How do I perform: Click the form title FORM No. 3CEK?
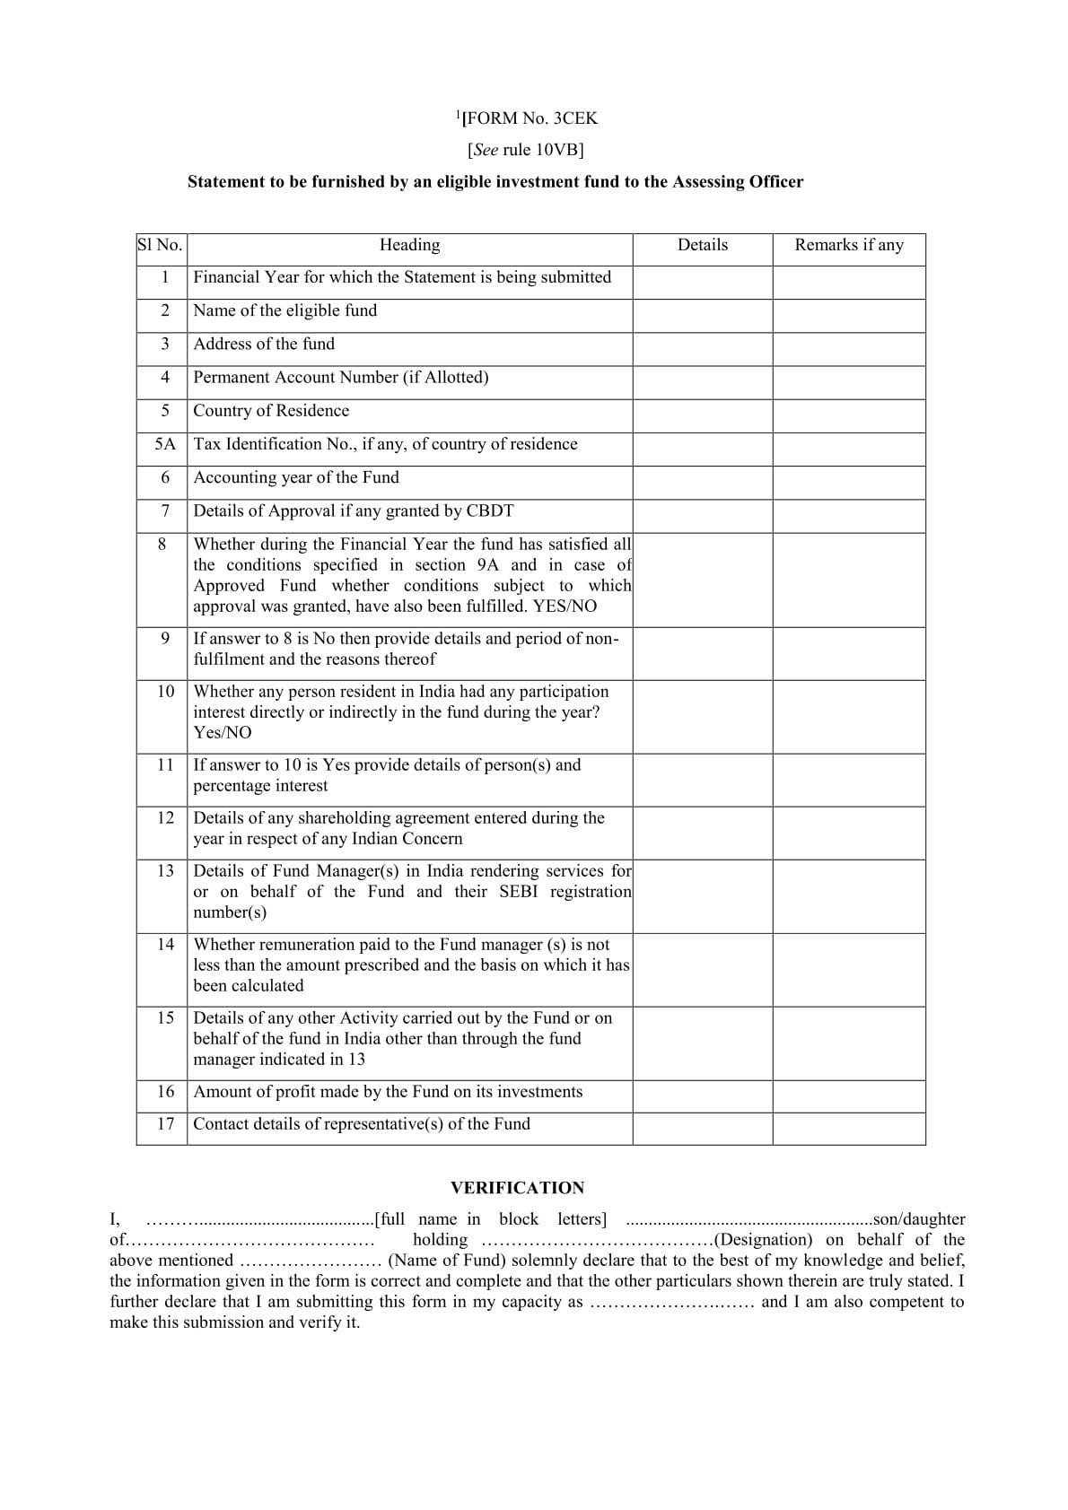(x=529, y=118)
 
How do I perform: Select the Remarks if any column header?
(x=848, y=245)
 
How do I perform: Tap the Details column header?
(x=702, y=245)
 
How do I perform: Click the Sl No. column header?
(x=160, y=245)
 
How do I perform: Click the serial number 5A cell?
(x=165, y=444)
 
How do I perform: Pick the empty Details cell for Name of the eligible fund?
(x=702, y=316)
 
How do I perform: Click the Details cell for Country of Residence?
(x=702, y=415)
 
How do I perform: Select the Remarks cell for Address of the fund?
(x=848, y=349)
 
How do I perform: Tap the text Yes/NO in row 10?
(x=222, y=733)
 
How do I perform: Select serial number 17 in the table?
(x=165, y=1124)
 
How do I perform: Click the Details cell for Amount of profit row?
(x=702, y=1096)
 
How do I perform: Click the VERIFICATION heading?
(x=517, y=1188)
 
